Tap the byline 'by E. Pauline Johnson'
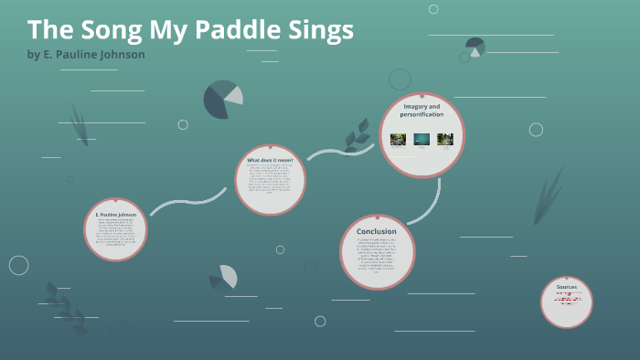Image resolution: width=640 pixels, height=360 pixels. tap(86, 55)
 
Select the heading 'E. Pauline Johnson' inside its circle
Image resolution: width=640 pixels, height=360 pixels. tap(116, 215)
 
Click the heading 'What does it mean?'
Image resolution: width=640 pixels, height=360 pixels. tap(270, 160)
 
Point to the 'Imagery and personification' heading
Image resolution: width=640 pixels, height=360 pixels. tap(421, 111)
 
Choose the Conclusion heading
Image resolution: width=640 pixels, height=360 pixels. tap(377, 231)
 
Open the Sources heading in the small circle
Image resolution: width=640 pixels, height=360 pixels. tap(567, 287)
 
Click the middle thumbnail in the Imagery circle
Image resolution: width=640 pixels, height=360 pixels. tap(421, 139)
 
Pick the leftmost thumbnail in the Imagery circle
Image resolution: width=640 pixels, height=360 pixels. tap(398, 139)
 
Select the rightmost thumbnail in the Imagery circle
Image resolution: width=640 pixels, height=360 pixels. tap(445, 139)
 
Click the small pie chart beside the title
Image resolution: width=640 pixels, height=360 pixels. tap(475, 47)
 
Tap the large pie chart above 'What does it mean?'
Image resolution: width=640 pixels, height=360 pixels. tap(223, 99)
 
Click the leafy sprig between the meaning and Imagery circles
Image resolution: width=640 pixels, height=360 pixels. tap(356, 137)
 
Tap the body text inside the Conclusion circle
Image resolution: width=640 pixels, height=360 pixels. tap(377, 257)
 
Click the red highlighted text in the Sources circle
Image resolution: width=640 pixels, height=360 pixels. tap(567, 298)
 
